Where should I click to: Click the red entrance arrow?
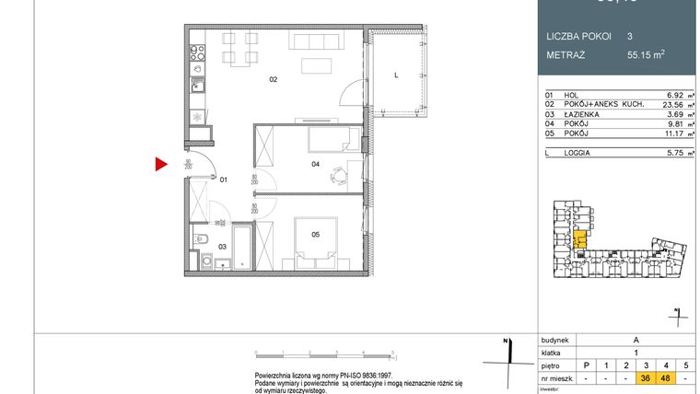160,165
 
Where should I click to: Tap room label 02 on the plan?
273,80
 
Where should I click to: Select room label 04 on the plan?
315,165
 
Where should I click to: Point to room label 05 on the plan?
315,235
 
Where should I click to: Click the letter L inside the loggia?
395,75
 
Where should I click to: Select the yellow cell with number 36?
646,377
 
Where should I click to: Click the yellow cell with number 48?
665,377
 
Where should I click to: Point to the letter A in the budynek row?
636,339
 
